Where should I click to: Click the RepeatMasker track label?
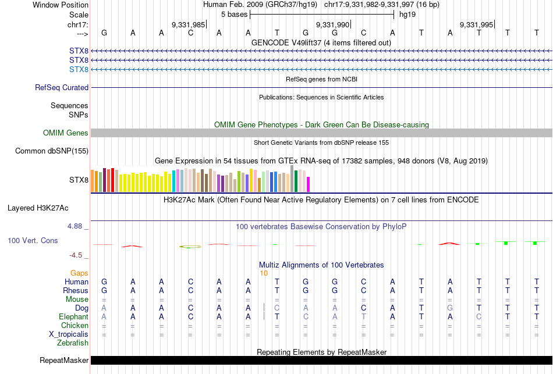[x=64, y=361]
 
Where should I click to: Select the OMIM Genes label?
[x=66, y=133]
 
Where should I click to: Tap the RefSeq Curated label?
[x=62, y=88]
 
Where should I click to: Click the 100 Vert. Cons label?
[x=33, y=240]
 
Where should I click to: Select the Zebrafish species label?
[x=73, y=343]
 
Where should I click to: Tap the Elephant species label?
[x=73, y=317]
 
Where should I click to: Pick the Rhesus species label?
[x=76, y=291]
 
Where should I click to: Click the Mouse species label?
[x=77, y=300]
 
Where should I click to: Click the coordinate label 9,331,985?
[x=188, y=24]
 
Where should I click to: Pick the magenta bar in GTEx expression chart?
[x=308, y=184]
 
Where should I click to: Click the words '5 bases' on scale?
[x=235, y=15]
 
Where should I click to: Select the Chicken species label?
[x=75, y=326]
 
